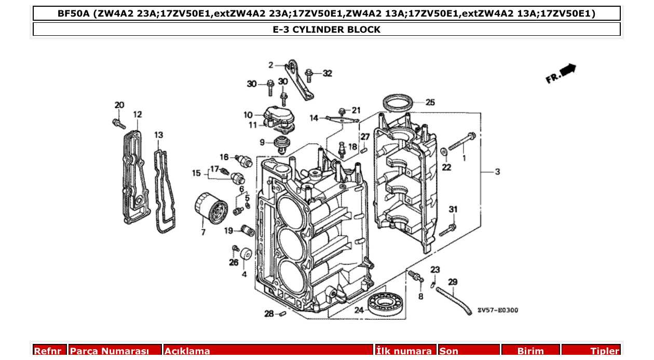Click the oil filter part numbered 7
[212, 209]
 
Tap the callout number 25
[430, 102]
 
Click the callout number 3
[497, 172]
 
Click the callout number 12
[137, 114]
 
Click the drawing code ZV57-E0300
[497, 310]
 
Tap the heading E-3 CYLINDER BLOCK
[326, 30]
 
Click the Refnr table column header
[50, 351]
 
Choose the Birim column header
[529, 351]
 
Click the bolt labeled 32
[309, 76]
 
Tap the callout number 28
[269, 314]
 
